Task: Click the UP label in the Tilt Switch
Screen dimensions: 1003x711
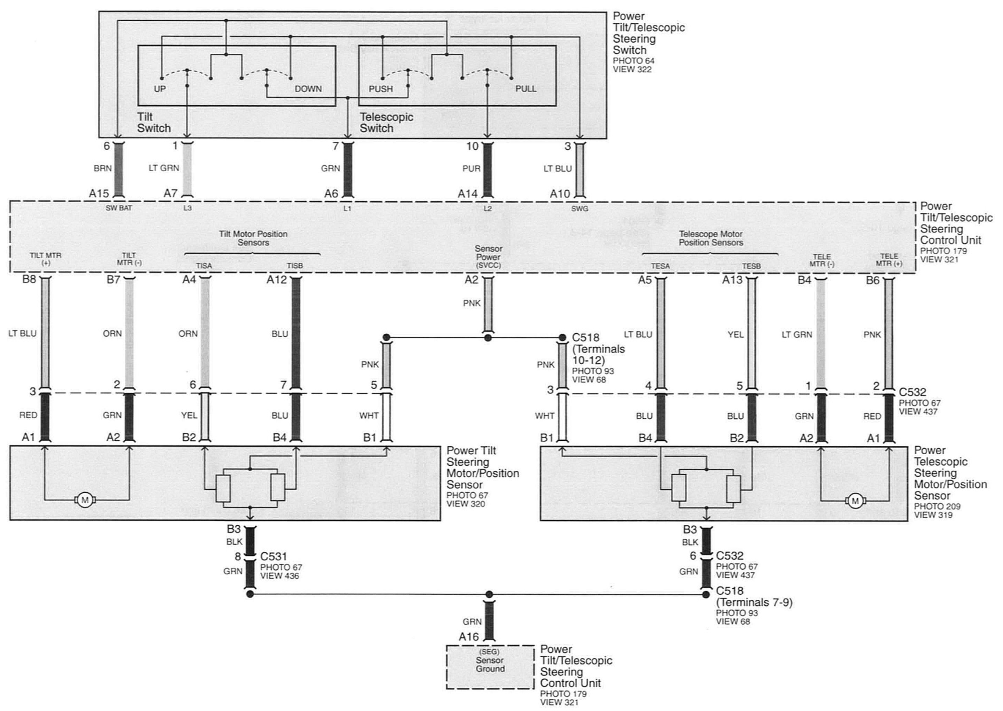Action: (160, 89)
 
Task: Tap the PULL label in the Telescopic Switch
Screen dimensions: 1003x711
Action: (526, 89)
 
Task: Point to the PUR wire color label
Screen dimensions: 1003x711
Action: (471, 169)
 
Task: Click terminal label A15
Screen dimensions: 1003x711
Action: (99, 194)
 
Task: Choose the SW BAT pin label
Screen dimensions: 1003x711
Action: (118, 209)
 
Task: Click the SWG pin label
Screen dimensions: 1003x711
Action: (579, 209)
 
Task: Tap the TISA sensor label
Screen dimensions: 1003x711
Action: (204, 266)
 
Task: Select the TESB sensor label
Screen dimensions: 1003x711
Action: (751, 266)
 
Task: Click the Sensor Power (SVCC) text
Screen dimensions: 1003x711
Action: (488, 257)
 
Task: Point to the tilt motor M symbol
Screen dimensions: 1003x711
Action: (84, 500)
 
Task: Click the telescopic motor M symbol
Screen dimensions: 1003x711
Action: (855, 501)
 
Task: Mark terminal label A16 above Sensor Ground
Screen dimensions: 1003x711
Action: (468, 637)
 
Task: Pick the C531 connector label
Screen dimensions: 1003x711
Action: (274, 557)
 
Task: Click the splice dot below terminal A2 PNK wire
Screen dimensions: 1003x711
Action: (488, 338)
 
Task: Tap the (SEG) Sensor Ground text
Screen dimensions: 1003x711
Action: (490, 661)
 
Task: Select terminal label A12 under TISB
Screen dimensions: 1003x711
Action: (276, 280)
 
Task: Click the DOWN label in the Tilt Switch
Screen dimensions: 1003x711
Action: (308, 89)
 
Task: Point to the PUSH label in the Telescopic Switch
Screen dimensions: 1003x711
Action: (380, 89)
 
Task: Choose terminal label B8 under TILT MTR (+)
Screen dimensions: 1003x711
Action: (29, 279)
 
